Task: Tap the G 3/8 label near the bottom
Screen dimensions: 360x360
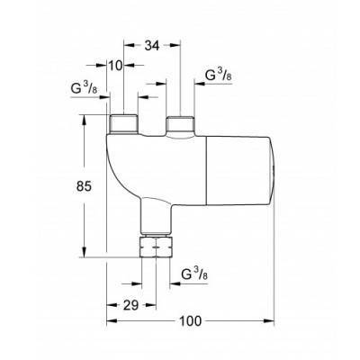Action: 196,273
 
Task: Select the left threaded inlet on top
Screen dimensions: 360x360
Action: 121,123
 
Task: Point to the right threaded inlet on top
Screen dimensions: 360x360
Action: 181,123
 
